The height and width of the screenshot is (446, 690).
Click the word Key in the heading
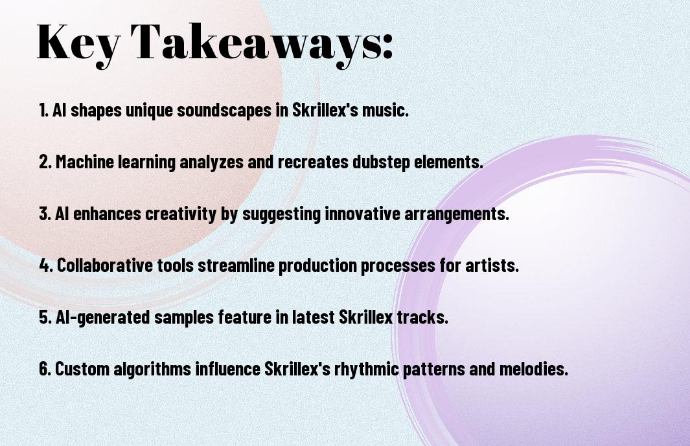coord(78,42)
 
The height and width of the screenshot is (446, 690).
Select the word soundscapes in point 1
coord(224,110)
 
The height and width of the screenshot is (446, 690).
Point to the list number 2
coord(45,162)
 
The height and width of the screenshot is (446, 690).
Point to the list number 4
coord(46,265)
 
